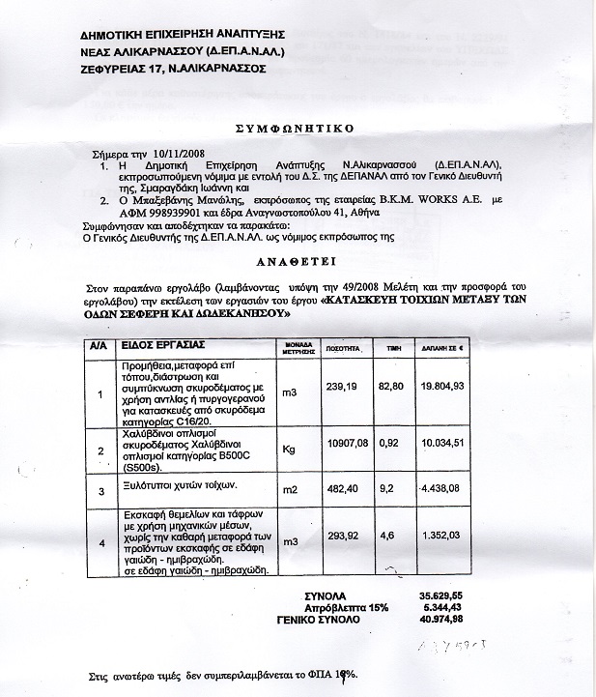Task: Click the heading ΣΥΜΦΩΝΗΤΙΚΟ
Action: click(x=299, y=127)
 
